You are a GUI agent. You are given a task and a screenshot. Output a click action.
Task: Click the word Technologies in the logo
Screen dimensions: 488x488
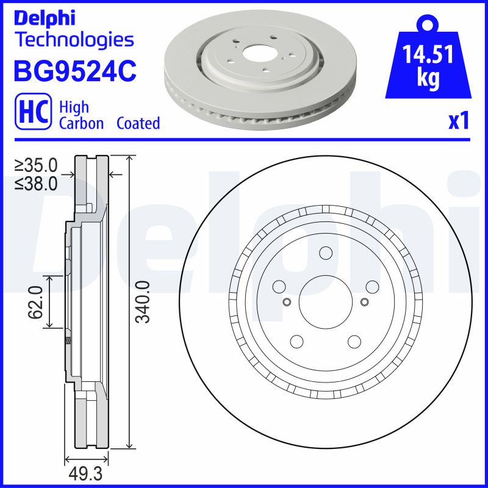point(74,40)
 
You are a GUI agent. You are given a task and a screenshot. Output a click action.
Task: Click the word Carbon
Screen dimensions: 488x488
point(82,123)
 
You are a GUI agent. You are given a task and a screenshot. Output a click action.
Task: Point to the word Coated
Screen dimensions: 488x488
point(138,123)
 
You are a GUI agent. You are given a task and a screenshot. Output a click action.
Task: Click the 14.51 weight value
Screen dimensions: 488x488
point(427,56)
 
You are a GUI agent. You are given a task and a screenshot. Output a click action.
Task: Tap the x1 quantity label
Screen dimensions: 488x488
point(458,121)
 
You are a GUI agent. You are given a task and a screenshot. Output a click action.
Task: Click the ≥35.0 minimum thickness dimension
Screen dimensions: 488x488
point(36,165)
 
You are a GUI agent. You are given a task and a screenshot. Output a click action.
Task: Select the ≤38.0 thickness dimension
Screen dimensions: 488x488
point(36,182)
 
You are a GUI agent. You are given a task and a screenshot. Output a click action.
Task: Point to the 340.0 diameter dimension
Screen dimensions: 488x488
point(142,302)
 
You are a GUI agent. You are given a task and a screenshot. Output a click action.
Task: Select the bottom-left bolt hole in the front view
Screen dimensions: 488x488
point(297,342)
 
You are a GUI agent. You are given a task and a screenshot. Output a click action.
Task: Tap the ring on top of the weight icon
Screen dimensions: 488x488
point(426,25)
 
